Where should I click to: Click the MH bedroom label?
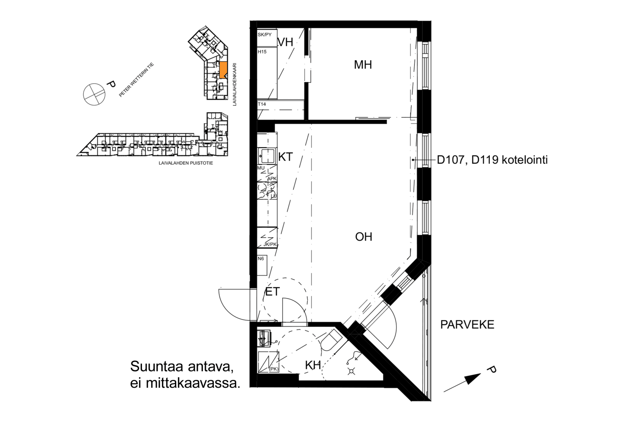click(x=363, y=65)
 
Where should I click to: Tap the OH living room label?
click(x=363, y=237)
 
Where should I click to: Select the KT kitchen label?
click(x=285, y=157)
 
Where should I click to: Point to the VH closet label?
click(x=285, y=42)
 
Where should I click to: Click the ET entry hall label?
click(x=272, y=292)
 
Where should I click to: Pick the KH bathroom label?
click(x=313, y=365)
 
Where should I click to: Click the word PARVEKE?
click(x=467, y=325)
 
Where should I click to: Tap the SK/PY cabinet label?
click(x=265, y=35)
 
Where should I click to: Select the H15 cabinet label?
click(x=262, y=52)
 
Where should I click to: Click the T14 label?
click(x=262, y=104)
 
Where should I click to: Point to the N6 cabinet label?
click(x=261, y=259)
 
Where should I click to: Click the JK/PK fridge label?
click(x=270, y=244)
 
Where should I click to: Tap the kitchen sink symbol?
click(x=266, y=156)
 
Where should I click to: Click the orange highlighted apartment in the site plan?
click(x=223, y=70)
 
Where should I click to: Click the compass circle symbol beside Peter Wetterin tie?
click(x=94, y=95)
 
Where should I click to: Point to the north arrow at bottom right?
click(x=462, y=383)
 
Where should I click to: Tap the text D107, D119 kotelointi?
click(x=492, y=160)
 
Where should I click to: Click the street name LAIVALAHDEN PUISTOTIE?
click(x=186, y=163)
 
